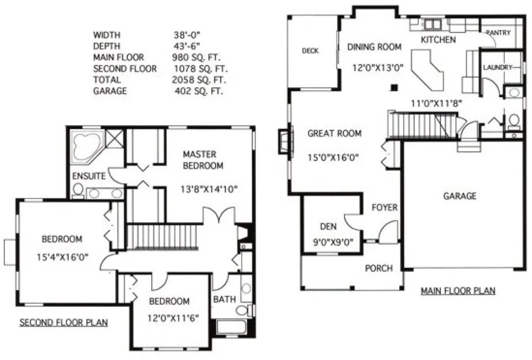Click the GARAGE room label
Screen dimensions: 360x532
pyautogui.click(x=460, y=196)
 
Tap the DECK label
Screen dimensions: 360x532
pyautogui.click(x=310, y=51)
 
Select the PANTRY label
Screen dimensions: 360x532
pyautogui.click(x=498, y=33)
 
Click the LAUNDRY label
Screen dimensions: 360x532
pyautogui.click(x=497, y=67)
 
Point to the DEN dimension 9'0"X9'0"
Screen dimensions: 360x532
pyautogui.click(x=330, y=242)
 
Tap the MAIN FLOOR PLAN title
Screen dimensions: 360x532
pyautogui.click(x=458, y=291)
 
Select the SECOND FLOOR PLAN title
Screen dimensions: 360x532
pyautogui.click(x=63, y=323)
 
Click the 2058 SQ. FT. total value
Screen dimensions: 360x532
pyautogui.click(x=198, y=80)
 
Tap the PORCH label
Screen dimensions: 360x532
pyautogui.click(x=378, y=268)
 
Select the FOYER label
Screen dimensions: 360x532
pyautogui.click(x=384, y=208)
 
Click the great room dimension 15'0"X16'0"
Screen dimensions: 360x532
pyautogui.click(x=334, y=158)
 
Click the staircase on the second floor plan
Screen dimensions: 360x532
pyautogui.click(x=163, y=236)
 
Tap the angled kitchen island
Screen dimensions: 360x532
pyautogui.click(x=427, y=71)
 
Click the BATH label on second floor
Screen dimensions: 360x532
pyautogui.click(x=224, y=299)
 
